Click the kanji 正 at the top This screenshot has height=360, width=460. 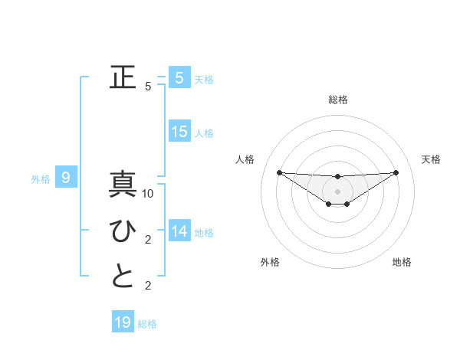point(123,77)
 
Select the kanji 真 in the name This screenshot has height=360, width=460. point(123,185)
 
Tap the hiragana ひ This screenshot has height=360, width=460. point(123,231)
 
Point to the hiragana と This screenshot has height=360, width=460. point(123,277)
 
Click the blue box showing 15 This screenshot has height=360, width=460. point(179,131)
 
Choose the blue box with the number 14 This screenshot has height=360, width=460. point(179,231)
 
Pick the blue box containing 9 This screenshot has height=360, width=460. point(66,178)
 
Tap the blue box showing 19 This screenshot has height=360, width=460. point(123,322)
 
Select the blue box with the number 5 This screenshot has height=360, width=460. point(179,77)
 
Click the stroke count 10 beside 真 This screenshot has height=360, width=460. point(149,194)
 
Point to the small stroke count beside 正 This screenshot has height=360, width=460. point(148,87)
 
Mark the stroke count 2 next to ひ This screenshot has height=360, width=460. point(148,240)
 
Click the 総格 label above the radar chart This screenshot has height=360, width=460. point(338,100)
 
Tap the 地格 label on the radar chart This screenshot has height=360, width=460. point(402,262)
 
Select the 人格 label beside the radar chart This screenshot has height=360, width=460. point(245,159)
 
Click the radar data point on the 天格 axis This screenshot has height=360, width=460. point(396,172)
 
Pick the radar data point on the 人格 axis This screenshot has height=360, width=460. point(279,172)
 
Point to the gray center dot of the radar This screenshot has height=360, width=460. point(338,191)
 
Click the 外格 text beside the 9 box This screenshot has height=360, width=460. point(41,179)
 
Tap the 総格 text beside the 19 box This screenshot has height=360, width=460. point(147,324)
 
